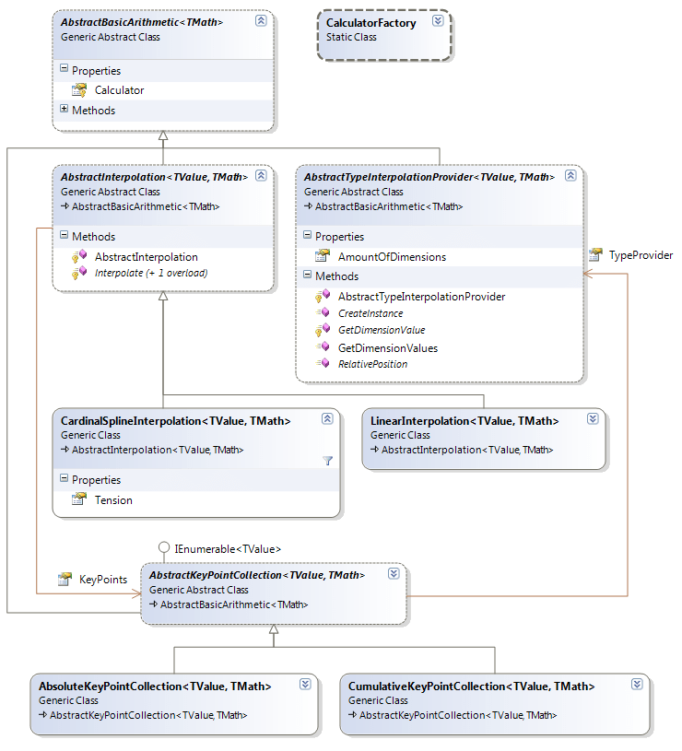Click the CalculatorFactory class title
point(370,22)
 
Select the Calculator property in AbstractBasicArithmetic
point(119,90)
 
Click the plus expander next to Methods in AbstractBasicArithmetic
point(64,110)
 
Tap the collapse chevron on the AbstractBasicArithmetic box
point(261,19)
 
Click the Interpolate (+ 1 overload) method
point(150,273)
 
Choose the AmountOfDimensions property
point(392,257)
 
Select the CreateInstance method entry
point(370,313)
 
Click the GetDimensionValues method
point(387,348)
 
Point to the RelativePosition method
point(372,364)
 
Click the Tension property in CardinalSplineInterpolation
point(113,500)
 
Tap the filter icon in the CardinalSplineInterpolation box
point(327,460)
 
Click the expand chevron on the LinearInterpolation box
point(593,418)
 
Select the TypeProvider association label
point(641,255)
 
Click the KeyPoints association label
point(102,580)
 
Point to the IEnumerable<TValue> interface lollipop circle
point(164,547)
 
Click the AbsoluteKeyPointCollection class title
point(155,686)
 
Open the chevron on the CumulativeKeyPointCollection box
point(637,685)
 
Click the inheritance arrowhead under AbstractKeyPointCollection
point(274,630)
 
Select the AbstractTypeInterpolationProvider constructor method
point(421,297)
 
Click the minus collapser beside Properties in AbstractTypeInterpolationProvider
point(307,237)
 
